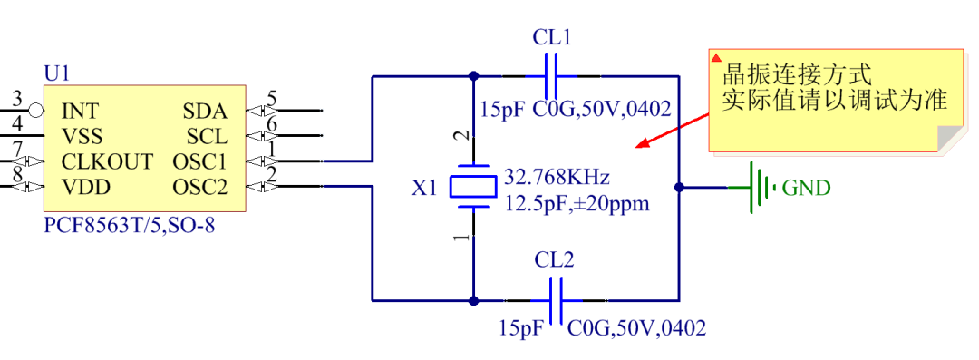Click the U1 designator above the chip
coord(55,73)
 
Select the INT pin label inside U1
coord(81,112)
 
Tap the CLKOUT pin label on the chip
coord(107,162)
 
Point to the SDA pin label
coord(206,112)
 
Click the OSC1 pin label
coord(199,162)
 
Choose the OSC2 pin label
coord(199,187)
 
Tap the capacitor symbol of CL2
coord(554,300)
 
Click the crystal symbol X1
coord(472,187)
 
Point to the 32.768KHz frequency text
coord(557,176)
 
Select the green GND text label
coord(806,189)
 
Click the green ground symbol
coord(758,188)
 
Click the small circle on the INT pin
coord(35,111)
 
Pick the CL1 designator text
coord(551,37)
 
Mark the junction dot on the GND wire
coord(679,188)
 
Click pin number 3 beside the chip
coord(16,99)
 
